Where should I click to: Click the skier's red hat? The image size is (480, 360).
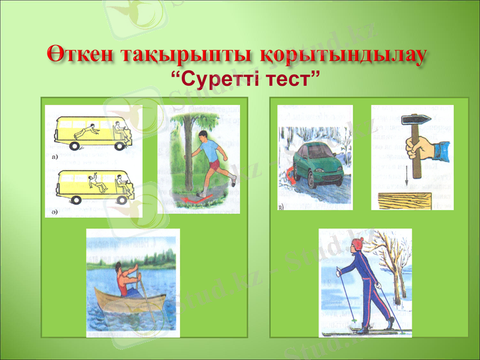(358, 243)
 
